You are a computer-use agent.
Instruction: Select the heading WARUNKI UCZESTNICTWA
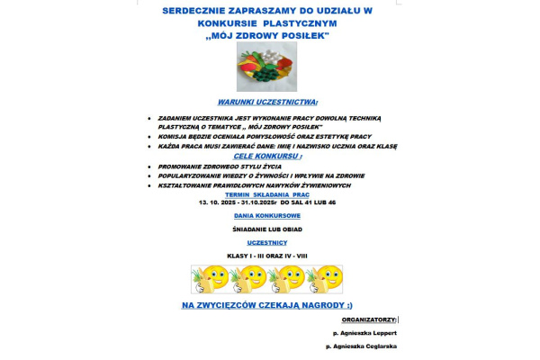pyautogui.click(x=267, y=103)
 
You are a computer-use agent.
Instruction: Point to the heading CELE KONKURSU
pyautogui.click(x=267, y=155)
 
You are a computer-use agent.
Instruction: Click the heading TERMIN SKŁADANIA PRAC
pyautogui.click(x=267, y=194)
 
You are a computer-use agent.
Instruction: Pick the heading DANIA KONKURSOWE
pyautogui.click(x=267, y=216)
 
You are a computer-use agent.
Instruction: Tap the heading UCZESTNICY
pyautogui.click(x=267, y=242)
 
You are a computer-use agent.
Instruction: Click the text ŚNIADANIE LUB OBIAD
pyautogui.click(x=267, y=229)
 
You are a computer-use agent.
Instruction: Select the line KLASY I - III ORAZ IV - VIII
pyautogui.click(x=267, y=256)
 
